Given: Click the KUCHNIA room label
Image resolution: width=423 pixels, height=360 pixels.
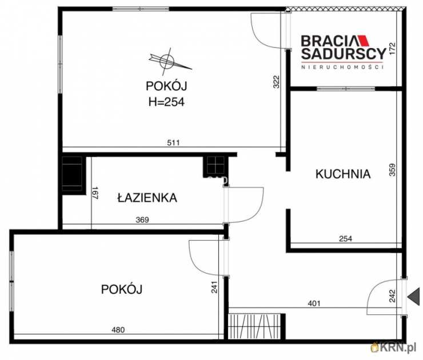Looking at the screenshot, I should pyautogui.click(x=343, y=174).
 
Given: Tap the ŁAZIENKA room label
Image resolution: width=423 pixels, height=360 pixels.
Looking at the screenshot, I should pyautogui.click(x=147, y=198).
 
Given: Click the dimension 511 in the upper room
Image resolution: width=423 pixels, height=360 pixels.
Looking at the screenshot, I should pyautogui.click(x=173, y=143).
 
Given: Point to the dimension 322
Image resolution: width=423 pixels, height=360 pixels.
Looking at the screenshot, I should pyautogui.click(x=276, y=82).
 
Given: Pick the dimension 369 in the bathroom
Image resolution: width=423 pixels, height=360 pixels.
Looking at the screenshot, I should pyautogui.click(x=143, y=219).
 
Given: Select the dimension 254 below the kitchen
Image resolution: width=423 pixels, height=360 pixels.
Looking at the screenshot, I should pyautogui.click(x=345, y=239).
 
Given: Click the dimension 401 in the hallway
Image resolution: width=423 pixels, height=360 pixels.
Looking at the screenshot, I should pyautogui.click(x=314, y=303).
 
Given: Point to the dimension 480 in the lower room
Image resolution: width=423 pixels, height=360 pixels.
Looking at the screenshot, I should pyautogui.click(x=117, y=329).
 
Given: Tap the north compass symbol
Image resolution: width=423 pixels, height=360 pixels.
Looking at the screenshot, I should pyautogui.click(x=167, y=59).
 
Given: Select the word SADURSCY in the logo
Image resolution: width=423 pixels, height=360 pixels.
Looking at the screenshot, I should pyautogui.click(x=343, y=55).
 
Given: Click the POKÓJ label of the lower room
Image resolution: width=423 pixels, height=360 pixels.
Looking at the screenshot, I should pyautogui.click(x=122, y=289).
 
